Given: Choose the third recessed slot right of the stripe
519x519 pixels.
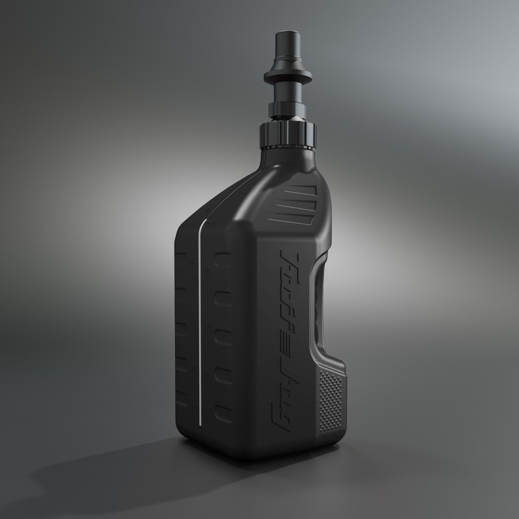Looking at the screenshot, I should [x=223, y=337].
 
